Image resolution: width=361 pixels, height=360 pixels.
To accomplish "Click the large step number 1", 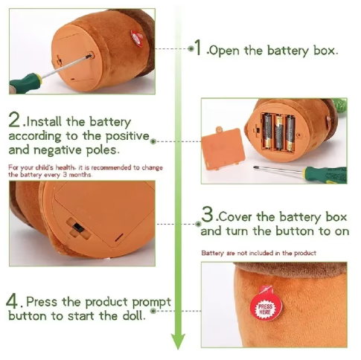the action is pyautogui.click(x=198, y=47).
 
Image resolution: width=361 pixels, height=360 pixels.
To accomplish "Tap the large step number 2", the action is pyautogui.click(x=14, y=120).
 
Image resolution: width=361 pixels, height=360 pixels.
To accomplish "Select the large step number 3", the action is pyautogui.click(x=208, y=214).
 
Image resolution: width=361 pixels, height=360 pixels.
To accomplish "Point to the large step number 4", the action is pyautogui.click(x=12, y=301).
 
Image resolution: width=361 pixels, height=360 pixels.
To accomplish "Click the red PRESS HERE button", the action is pyautogui.click(x=266, y=307).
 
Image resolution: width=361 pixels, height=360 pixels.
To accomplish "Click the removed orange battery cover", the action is pyautogui.click(x=223, y=148).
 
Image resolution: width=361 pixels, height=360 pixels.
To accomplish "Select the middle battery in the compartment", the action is pyautogui.click(x=279, y=132).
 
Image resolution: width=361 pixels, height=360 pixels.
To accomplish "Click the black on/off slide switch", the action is pyautogui.click(x=79, y=228).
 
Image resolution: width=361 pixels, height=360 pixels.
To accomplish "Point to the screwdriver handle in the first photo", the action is pyautogui.click(x=25, y=83).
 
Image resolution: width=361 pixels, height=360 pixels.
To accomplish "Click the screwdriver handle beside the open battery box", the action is pyautogui.click(x=325, y=175).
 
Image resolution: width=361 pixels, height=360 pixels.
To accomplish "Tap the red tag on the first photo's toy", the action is pyautogui.click(x=137, y=38).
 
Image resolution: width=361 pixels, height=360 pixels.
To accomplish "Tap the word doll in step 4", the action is pyautogui.click(x=134, y=315).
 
